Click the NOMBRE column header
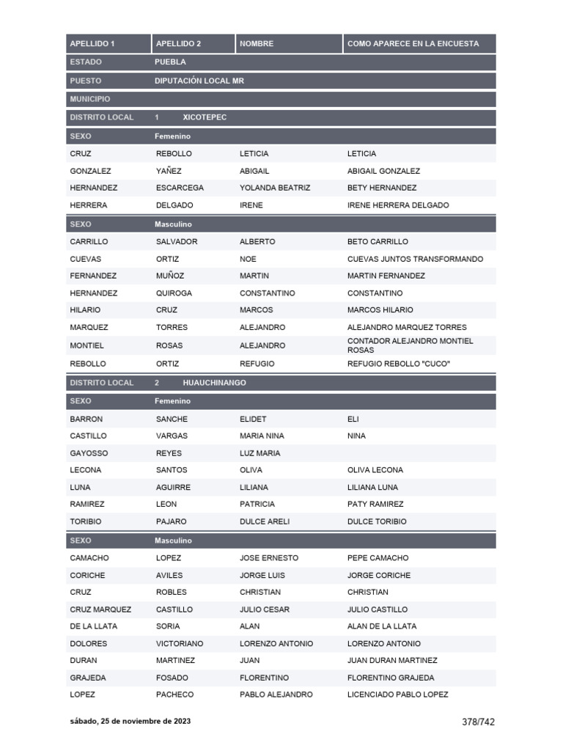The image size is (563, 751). coord(257,44)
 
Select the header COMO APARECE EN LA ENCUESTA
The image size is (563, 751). coord(413,44)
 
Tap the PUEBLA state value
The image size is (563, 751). coord(170,62)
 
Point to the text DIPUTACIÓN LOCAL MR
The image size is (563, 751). coord(199,81)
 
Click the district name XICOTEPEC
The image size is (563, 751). coord(205,117)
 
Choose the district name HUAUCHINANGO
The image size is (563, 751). coord(214,383)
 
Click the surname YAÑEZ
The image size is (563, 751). coord(169,171)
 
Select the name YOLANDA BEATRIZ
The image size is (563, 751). coord(275,188)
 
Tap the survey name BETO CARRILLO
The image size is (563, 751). coord(378,241)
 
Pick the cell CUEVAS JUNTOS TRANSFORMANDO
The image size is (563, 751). coord(415,259)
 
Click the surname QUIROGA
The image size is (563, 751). coord(174,293)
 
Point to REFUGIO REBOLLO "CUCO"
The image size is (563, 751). coord(399,364)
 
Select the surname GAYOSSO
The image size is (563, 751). coord(88,453)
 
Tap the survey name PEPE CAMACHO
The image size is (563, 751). coord(378,558)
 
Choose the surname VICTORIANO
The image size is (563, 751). coord(180,643)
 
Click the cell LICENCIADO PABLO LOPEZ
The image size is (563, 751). coord(397,695)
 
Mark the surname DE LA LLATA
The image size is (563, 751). coord(94,626)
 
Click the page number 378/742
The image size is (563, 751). coord(478,722)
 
